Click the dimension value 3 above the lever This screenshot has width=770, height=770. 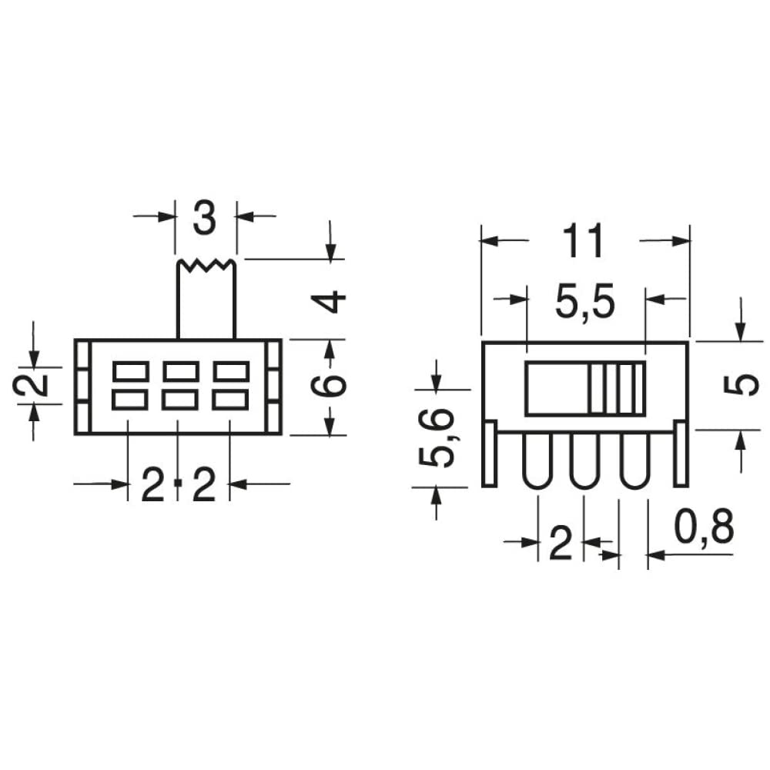pyautogui.click(x=205, y=219)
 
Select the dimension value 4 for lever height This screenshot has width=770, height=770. pyautogui.click(x=332, y=301)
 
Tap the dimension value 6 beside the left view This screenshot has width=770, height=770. pyautogui.click(x=332, y=383)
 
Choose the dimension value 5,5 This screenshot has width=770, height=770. pyautogui.click(x=585, y=304)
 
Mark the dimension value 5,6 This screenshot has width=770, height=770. pyautogui.click(x=437, y=439)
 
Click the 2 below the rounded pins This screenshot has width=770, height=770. pyautogui.click(x=561, y=546)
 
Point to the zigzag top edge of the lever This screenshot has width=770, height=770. pyautogui.click(x=206, y=265)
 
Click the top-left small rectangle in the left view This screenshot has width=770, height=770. pyautogui.click(x=130, y=371)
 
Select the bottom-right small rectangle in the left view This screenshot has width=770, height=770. pyautogui.click(x=231, y=399)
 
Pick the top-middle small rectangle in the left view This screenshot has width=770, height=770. pyautogui.click(x=181, y=371)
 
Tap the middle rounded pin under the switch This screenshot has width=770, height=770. pyautogui.click(x=585, y=461)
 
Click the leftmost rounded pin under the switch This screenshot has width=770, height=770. pyautogui.click(x=537, y=461)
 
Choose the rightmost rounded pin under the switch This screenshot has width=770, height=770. pyautogui.click(x=634, y=461)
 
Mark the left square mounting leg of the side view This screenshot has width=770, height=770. pyautogui.click(x=489, y=454)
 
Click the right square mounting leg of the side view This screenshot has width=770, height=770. pyautogui.click(x=681, y=454)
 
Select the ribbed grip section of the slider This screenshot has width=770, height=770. pyautogui.click(x=616, y=388)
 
